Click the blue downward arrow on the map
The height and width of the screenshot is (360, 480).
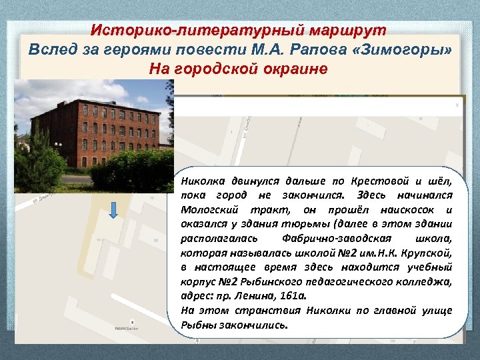113,209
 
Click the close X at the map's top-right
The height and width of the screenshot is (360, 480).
457,105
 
